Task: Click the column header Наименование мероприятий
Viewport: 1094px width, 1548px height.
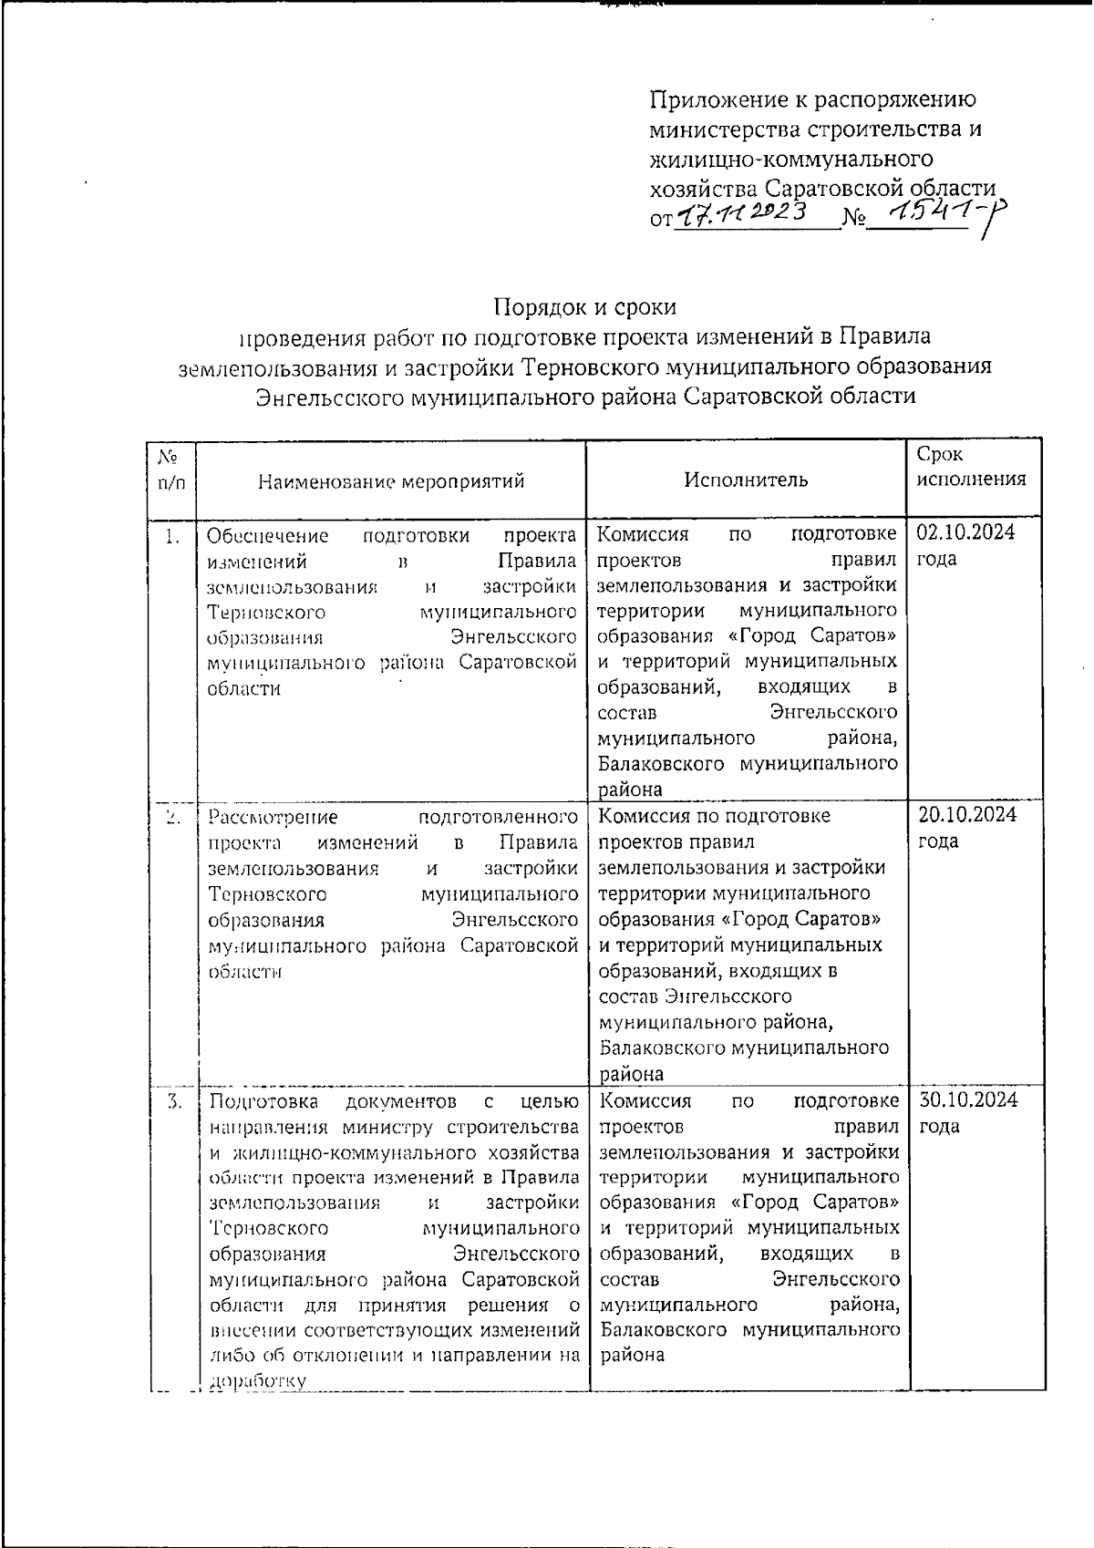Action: [x=391, y=480]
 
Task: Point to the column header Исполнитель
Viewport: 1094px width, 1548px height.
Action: [x=746, y=480]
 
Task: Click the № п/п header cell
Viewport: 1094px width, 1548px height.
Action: [x=170, y=468]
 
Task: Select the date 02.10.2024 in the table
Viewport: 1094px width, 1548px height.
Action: [x=965, y=532]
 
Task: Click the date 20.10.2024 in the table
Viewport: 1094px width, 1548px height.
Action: [x=965, y=815]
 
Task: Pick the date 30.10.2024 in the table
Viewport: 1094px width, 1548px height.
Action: [x=966, y=1100]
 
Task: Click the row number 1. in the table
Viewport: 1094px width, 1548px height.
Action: [x=171, y=536]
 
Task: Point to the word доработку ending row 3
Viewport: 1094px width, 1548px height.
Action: [x=257, y=1381]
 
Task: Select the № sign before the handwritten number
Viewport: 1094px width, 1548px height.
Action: [x=853, y=220]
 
